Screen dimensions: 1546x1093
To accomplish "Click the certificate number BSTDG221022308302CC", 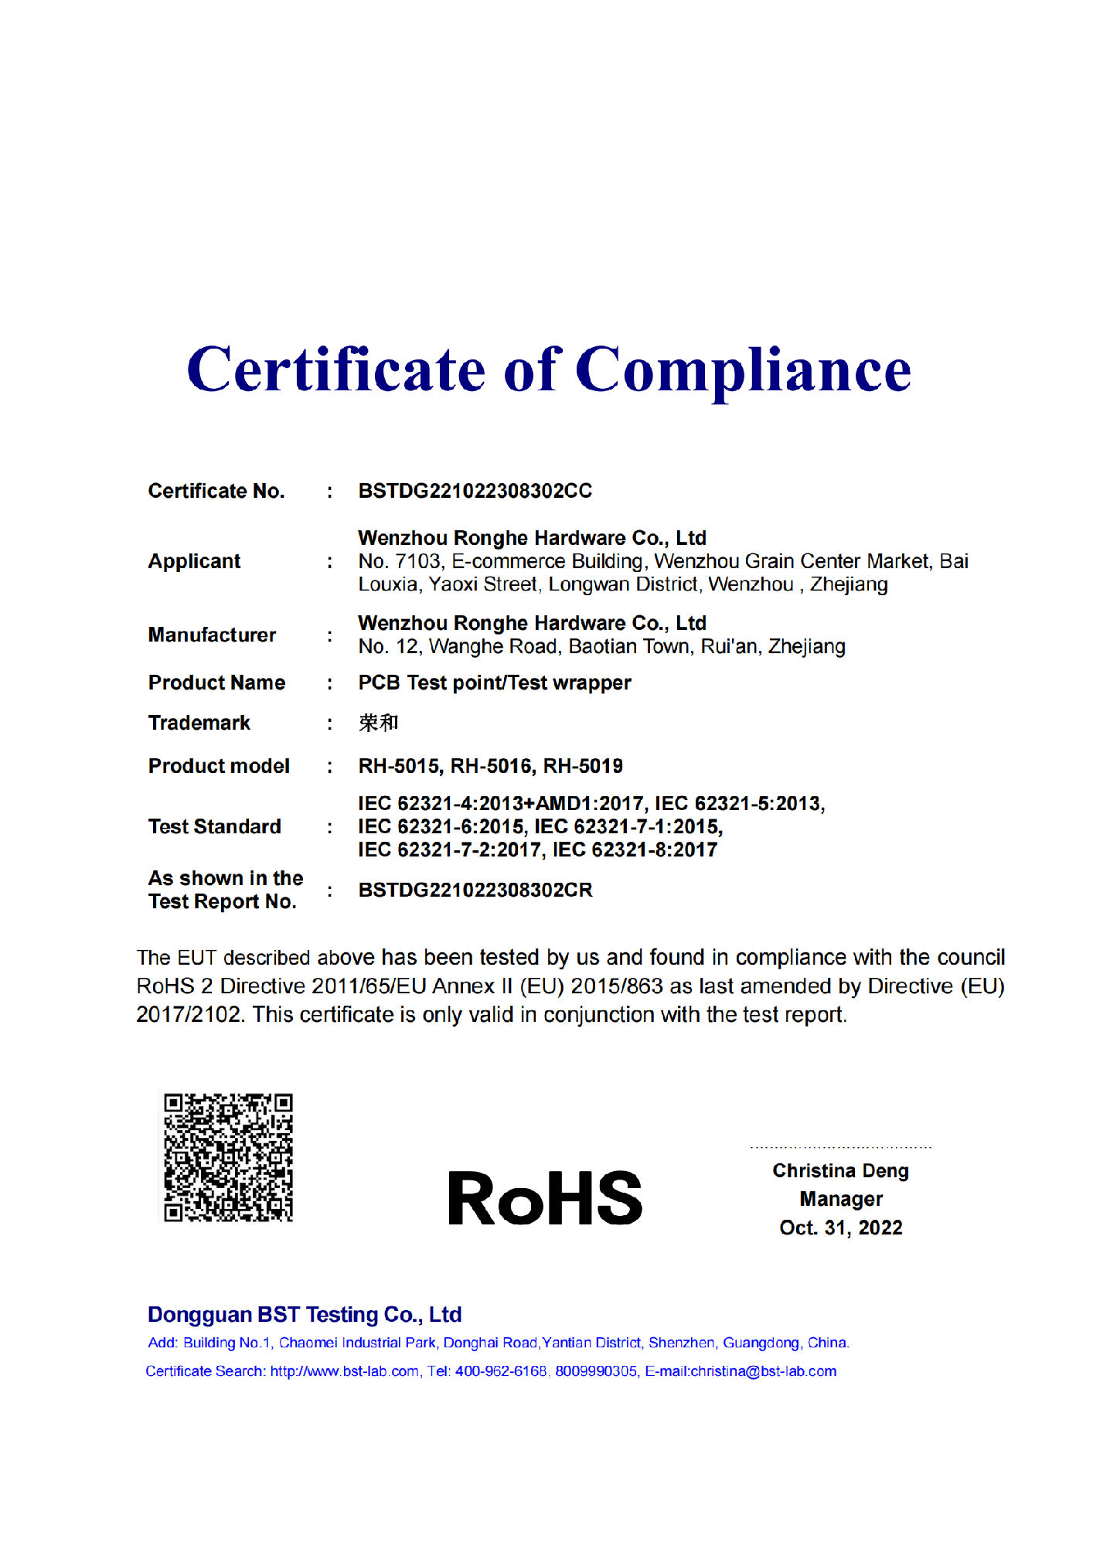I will [475, 491].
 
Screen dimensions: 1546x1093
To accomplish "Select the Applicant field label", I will [194, 561].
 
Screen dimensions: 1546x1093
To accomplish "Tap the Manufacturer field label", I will [212, 635].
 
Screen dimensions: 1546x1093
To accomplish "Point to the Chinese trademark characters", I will [378, 723].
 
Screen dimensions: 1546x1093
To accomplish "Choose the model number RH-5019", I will [583, 766].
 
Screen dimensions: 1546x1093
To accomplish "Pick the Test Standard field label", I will [214, 826].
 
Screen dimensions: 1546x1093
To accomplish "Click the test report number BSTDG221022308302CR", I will [475, 890].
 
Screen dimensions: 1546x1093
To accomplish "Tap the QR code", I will [228, 1157].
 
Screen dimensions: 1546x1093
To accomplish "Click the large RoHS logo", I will [545, 1197].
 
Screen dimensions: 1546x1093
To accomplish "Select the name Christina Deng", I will [840, 1170].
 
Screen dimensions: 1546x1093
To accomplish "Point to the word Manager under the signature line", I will [841, 1199].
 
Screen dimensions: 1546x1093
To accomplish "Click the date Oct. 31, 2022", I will [841, 1228].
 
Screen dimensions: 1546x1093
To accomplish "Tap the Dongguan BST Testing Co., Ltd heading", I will [305, 1314].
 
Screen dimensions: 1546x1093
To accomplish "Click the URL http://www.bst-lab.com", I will [344, 1371].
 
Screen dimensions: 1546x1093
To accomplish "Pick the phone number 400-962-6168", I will [500, 1371].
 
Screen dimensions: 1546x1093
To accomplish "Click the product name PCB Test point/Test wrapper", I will [494, 683].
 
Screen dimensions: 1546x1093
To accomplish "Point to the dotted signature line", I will [840, 1147].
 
